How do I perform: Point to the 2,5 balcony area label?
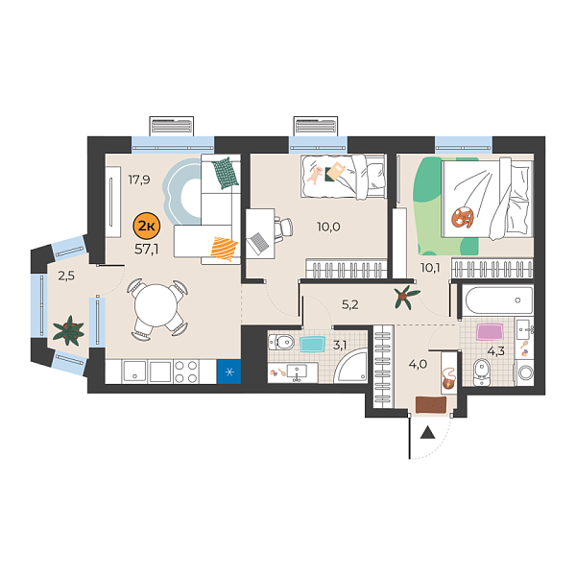point(66,276)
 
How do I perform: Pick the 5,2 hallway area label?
point(350,306)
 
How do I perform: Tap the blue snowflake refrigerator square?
point(228,371)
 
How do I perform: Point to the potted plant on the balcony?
point(68,332)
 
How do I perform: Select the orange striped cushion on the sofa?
point(223,248)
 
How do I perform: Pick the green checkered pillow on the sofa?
point(225,173)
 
